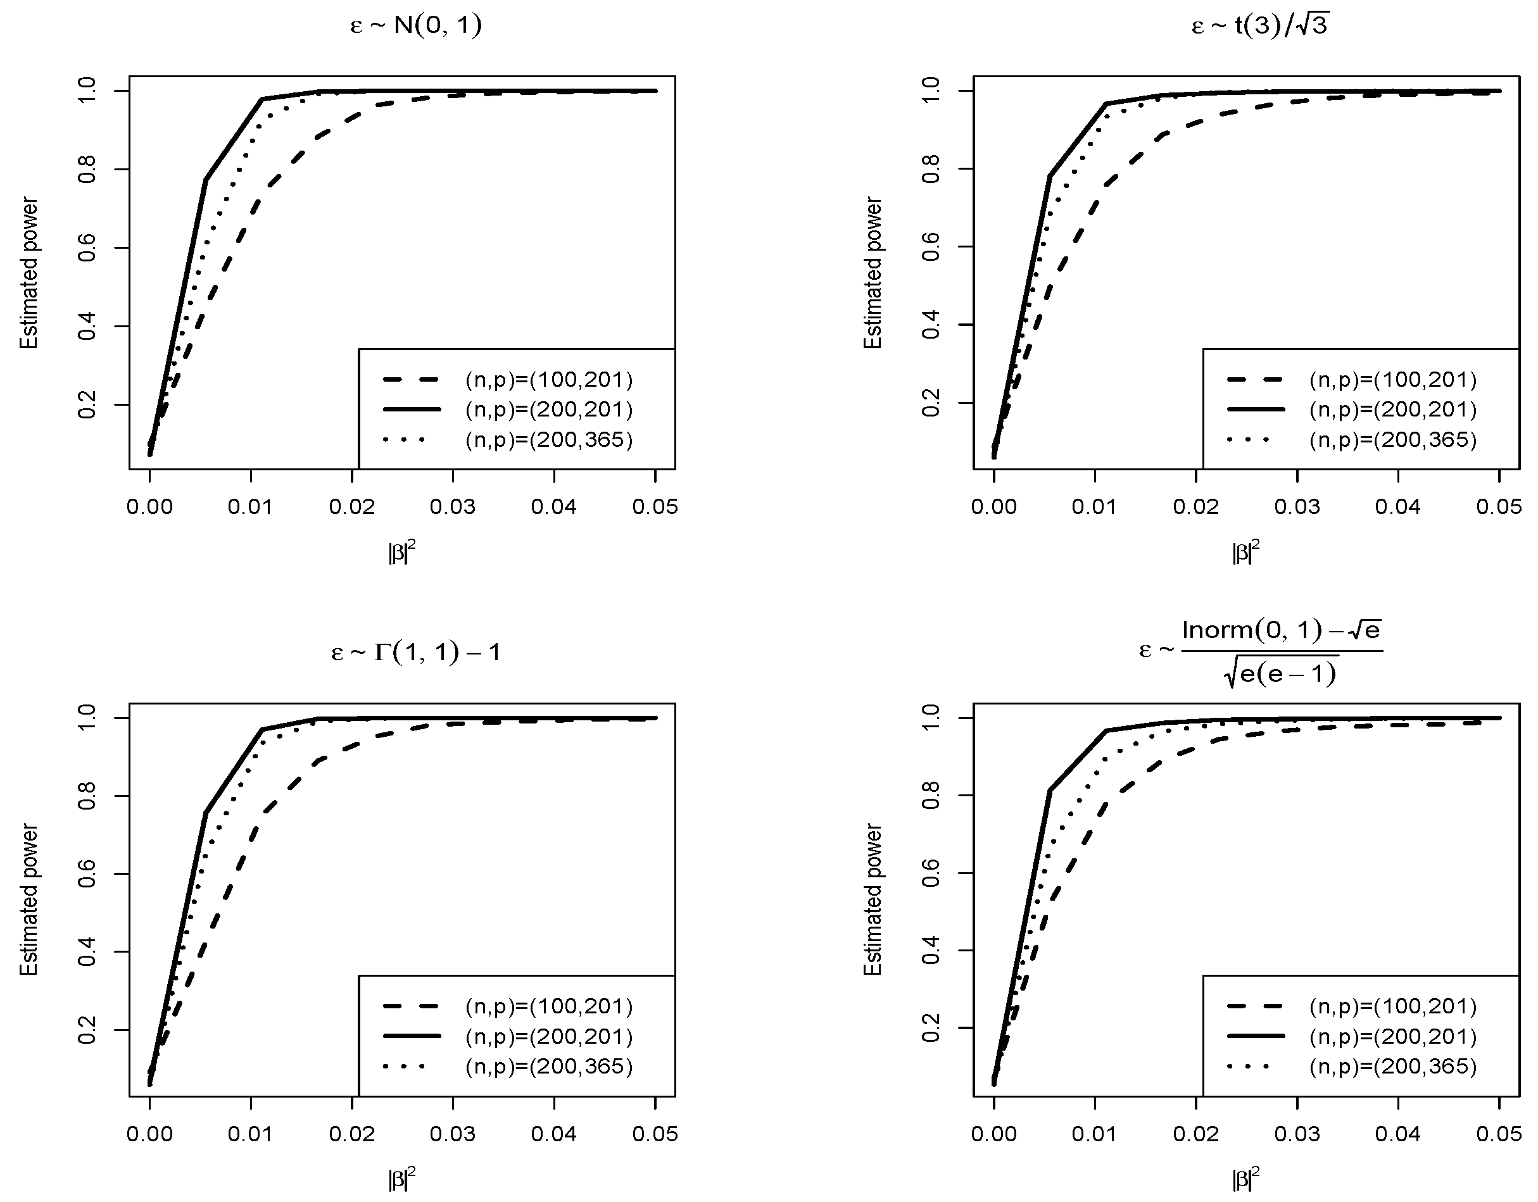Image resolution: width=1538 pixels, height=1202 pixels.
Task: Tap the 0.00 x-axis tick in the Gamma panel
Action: click(150, 1134)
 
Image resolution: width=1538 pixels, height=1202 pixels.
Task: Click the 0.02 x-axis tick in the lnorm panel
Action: click(1195, 1134)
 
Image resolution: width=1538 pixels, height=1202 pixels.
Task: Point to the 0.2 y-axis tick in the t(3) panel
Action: click(931, 403)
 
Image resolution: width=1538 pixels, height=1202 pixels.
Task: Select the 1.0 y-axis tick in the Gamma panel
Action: click(87, 718)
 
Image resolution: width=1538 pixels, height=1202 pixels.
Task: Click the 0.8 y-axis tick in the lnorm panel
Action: click(931, 795)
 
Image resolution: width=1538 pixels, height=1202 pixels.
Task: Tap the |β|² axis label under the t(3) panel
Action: click(1245, 553)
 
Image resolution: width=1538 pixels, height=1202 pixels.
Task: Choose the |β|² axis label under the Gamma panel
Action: click(401, 1179)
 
